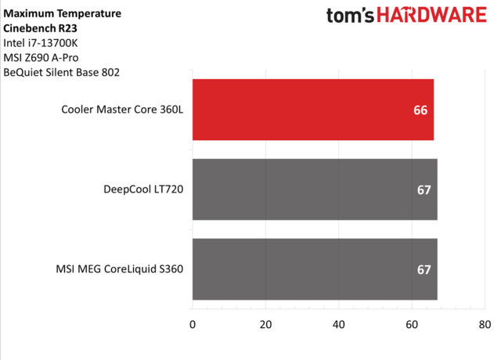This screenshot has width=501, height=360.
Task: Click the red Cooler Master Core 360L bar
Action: click(312, 110)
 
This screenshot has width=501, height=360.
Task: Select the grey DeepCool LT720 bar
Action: click(313, 189)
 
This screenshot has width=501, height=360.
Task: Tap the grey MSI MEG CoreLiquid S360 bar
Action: click(313, 269)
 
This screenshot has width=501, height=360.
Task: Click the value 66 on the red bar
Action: click(420, 110)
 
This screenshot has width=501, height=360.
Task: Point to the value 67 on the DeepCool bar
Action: click(424, 190)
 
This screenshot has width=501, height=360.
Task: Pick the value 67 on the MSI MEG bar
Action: click(424, 270)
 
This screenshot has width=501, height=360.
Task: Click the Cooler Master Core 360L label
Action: click(122, 110)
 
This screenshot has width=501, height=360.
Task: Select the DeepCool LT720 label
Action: click(142, 190)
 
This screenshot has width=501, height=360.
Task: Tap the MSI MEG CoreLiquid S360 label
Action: click(120, 270)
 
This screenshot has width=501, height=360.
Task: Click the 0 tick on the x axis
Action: click(193, 323)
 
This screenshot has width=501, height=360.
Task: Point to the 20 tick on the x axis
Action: click(265, 323)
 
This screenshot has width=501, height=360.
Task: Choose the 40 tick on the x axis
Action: click(339, 323)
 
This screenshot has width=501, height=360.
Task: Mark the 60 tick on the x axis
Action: click(412, 323)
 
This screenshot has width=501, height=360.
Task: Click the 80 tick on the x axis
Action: click(485, 323)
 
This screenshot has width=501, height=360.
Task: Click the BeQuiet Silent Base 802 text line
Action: click(62, 73)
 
